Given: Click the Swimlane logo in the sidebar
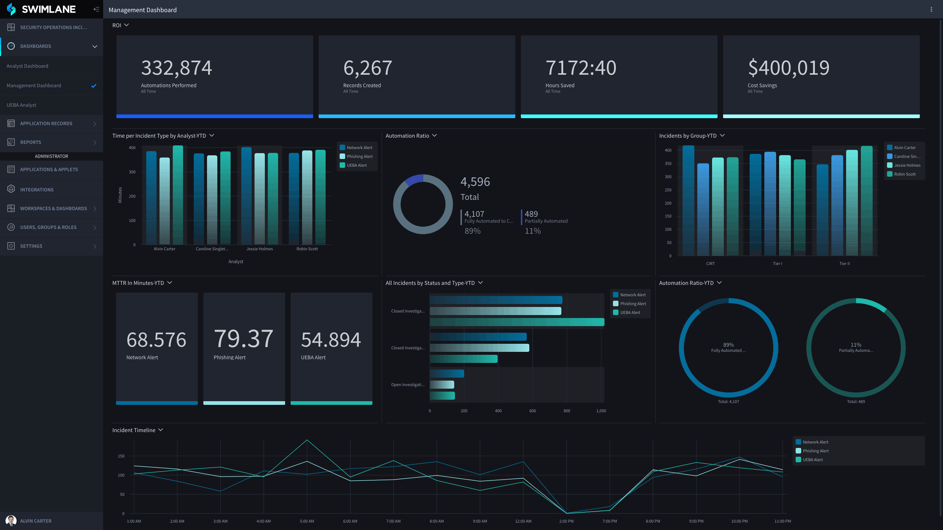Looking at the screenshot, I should [x=41, y=9].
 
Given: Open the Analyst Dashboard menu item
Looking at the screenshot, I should [x=27, y=66].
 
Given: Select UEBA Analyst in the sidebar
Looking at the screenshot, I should [x=21, y=105].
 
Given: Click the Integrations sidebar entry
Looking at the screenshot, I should [x=37, y=190].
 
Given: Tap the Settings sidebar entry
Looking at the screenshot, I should [x=31, y=246].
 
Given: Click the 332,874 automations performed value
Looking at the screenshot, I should [x=176, y=68].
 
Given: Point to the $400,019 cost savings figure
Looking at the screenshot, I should [x=789, y=68].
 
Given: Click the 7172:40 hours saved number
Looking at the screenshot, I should [x=581, y=68].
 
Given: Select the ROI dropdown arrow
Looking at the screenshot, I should [x=126, y=25].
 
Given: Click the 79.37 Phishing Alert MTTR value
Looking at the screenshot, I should [x=243, y=339].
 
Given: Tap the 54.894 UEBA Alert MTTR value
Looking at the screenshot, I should [x=331, y=340].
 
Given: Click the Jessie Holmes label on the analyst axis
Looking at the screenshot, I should [x=260, y=249].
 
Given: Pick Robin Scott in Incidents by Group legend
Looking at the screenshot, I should [x=905, y=174].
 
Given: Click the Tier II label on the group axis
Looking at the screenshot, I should [x=844, y=264].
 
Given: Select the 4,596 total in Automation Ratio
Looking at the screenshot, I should [x=475, y=182].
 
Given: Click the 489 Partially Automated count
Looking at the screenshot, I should [x=531, y=214].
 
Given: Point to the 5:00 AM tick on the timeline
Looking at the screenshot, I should [x=307, y=522].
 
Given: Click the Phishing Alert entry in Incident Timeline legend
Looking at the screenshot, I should [x=816, y=451].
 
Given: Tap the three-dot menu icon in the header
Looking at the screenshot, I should [x=931, y=10].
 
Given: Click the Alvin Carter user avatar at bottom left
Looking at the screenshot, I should [x=11, y=521].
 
